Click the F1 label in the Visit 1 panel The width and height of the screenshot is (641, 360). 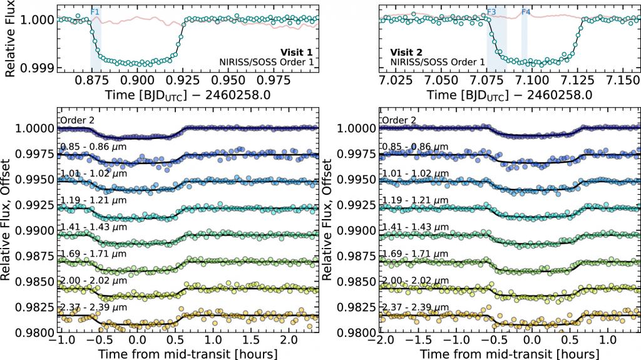click(x=95, y=12)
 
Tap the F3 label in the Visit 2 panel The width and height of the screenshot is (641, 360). click(x=491, y=12)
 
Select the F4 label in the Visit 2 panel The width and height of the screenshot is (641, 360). click(x=526, y=12)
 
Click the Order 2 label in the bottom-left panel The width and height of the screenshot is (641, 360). click(x=75, y=120)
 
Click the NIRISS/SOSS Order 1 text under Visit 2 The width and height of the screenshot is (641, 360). click(x=438, y=61)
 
